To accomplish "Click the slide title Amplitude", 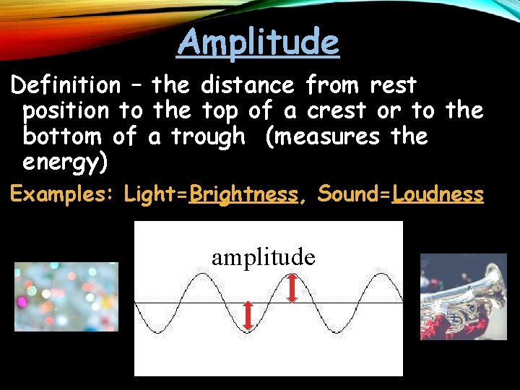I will tap(258, 42).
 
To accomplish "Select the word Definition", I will tap(66, 86).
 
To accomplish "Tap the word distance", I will tap(247, 86).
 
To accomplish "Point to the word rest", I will tap(393, 86).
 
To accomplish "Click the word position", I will tap(66, 111).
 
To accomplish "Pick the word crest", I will tap(335, 111).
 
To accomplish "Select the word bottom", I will tap(61, 136).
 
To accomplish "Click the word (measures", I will tap(312, 136).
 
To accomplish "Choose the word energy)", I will tap(66, 162).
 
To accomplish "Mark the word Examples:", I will tap(61, 194).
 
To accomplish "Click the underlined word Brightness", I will tap(243, 194).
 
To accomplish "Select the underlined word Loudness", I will tap(438, 194).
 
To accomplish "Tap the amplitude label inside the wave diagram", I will tap(264, 257).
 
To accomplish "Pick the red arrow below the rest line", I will tap(247, 316).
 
